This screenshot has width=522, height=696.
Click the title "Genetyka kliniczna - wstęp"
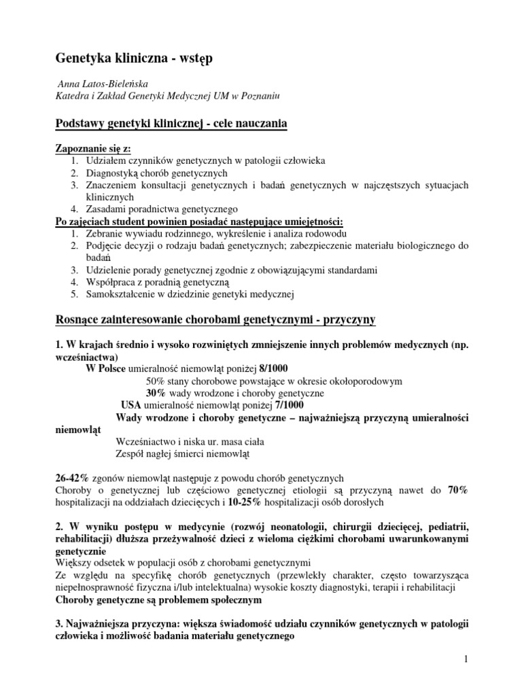point(133,59)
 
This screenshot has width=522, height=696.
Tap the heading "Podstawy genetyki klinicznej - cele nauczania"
point(171,123)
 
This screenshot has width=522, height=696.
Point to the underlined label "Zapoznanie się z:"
point(92,148)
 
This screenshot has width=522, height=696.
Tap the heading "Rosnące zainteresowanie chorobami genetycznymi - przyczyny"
point(215,319)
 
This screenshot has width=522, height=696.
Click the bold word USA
point(131,405)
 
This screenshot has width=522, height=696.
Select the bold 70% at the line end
point(457,490)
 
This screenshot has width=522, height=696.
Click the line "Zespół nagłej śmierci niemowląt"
point(183,453)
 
